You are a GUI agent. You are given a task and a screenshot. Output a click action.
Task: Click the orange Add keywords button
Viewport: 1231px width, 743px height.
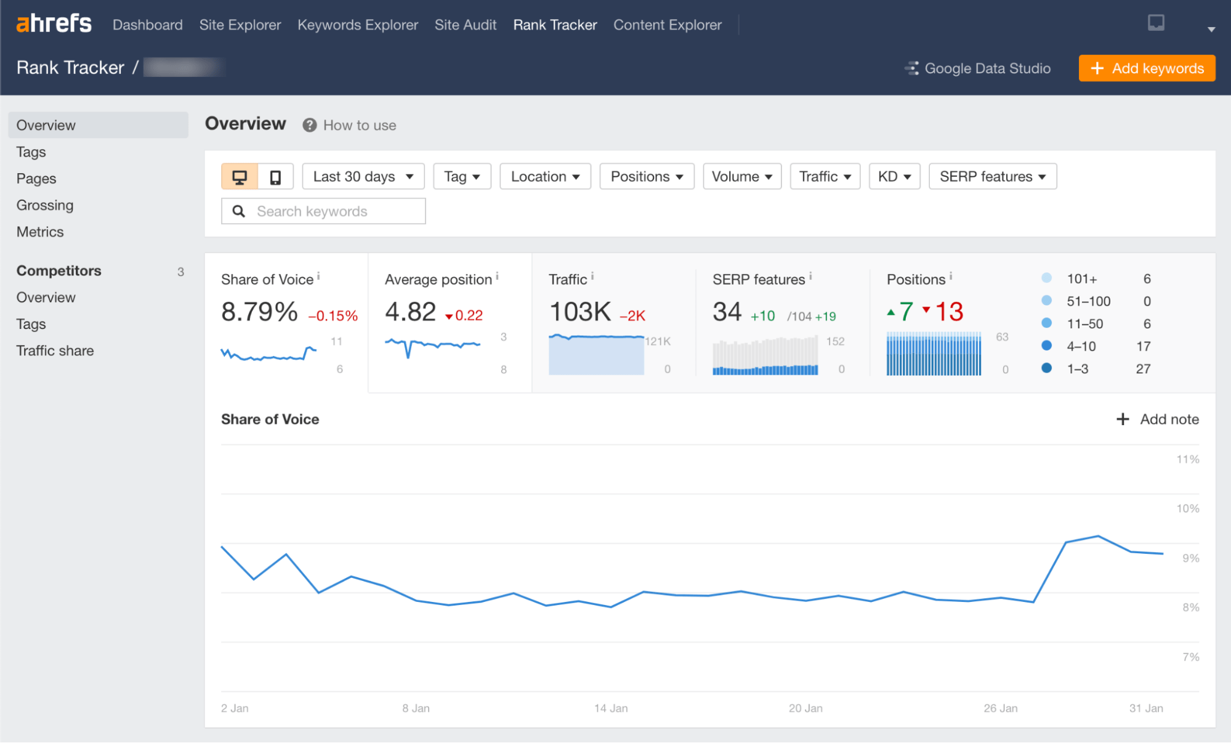coord(1147,68)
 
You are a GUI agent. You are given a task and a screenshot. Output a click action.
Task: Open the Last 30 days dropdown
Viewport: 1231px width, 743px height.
coord(363,177)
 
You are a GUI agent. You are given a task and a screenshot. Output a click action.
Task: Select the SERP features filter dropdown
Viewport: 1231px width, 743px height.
coord(992,177)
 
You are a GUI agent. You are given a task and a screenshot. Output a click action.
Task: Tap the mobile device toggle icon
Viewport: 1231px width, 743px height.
coord(275,177)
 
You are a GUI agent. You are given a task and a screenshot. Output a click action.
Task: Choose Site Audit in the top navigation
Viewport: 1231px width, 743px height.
coord(465,25)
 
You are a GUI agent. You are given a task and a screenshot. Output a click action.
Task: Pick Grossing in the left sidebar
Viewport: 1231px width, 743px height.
coord(45,205)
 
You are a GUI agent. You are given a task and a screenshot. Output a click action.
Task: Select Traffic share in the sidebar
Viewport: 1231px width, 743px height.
coord(55,351)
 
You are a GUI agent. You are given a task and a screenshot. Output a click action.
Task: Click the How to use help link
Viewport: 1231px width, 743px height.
coord(359,126)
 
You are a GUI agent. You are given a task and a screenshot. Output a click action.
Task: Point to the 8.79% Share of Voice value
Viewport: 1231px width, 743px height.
coord(259,312)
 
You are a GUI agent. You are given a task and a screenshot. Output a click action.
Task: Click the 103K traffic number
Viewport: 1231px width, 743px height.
coord(579,312)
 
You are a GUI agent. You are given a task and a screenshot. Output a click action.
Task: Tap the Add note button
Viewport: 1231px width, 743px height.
coord(1157,420)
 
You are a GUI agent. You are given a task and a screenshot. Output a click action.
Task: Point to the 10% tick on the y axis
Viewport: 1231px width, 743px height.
coord(1187,509)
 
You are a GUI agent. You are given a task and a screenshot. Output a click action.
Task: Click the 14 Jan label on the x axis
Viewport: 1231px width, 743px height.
coord(610,708)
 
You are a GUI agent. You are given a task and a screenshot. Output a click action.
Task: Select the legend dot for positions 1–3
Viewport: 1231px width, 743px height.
coord(1046,368)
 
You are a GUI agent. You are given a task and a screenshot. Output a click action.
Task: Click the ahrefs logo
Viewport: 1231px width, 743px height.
coord(54,24)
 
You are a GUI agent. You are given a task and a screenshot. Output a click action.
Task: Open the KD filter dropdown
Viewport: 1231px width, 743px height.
coord(894,177)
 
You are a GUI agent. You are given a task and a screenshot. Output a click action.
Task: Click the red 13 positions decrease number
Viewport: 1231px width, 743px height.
coord(948,312)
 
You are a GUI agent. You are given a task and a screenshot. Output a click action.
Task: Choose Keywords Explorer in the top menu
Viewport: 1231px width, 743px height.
coord(357,25)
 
